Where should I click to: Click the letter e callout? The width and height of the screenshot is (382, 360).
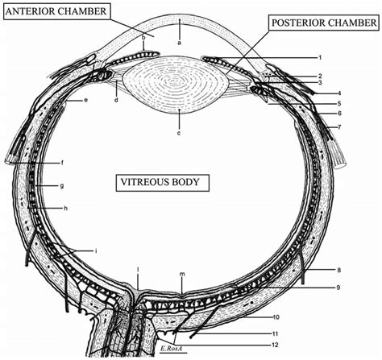click(85, 101)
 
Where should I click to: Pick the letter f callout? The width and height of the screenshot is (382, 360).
click(60, 163)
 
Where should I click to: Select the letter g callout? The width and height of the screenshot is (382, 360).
click(61, 186)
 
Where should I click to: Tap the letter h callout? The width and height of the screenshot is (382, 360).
click(64, 209)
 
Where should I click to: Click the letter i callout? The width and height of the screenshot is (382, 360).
click(96, 251)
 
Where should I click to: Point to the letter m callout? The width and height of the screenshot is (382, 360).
click(183, 274)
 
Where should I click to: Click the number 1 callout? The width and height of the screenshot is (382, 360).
click(320, 58)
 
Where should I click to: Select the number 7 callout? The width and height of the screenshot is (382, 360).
click(340, 128)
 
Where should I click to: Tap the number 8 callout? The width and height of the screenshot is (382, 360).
click(340, 269)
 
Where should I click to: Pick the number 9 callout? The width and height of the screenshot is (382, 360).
click(340, 288)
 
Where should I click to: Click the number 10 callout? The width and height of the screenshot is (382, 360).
click(320, 318)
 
